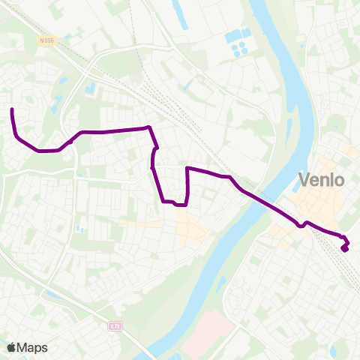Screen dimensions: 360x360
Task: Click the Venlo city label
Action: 321,180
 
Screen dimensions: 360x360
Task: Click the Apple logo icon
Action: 11,347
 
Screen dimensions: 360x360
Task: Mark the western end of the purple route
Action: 13,110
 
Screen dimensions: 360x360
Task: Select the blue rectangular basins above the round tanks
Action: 238,34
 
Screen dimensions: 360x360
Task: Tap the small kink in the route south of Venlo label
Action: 303,223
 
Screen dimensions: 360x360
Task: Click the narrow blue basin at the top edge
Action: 181,15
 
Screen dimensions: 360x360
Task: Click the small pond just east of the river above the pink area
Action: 221,284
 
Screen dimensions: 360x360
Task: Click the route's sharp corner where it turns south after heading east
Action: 151,127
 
